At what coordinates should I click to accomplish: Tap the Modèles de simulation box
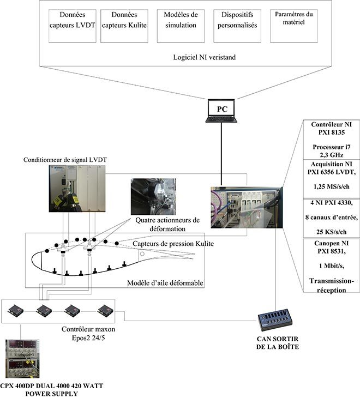pyautogui.click(x=181, y=26)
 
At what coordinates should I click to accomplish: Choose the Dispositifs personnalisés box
pyautogui.click(x=236, y=26)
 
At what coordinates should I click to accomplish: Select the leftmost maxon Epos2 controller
pyautogui.click(x=15, y=311)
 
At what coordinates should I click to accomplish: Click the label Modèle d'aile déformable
pyautogui.click(x=165, y=282)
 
